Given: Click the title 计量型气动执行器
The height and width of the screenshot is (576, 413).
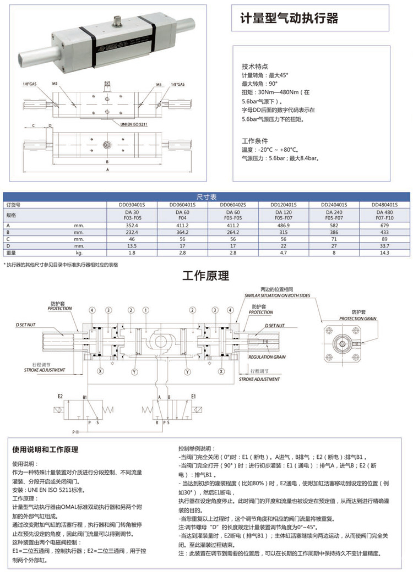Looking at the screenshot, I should click(x=289, y=19).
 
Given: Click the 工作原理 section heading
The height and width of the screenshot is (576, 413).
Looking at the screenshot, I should click(x=205, y=276).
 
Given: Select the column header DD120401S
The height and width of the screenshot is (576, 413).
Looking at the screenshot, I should click(x=283, y=204).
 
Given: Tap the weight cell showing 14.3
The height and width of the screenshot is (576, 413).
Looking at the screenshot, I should click(x=384, y=253).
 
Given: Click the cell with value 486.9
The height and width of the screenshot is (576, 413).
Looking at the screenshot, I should click(x=283, y=226).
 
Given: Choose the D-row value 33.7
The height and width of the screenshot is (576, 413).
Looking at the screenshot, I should click(x=384, y=246).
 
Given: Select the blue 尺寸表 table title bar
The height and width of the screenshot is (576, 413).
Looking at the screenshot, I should click(x=206, y=196).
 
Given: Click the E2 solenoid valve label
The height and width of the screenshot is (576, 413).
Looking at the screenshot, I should click(x=60, y=396).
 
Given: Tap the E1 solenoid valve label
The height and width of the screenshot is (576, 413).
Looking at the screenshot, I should click(x=194, y=396).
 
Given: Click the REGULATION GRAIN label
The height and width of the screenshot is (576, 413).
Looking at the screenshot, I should click(x=267, y=357).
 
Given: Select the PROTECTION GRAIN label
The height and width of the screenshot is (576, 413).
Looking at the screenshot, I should click(x=357, y=319).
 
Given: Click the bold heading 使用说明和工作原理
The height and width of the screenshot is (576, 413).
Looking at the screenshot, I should click(x=45, y=449).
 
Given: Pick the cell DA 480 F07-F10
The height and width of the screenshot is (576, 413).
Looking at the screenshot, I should click(x=384, y=215).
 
